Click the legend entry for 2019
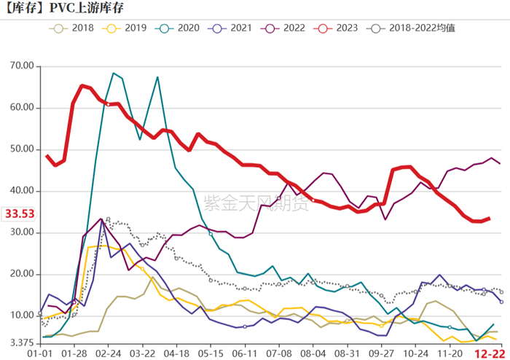pyautogui.click(x=127, y=28)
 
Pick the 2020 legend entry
pyautogui.click(x=181, y=28)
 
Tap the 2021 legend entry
pyautogui.click(x=236, y=28)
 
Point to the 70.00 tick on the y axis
pyautogui.click(x=23, y=66)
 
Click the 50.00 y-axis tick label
pyautogui.click(x=23, y=149)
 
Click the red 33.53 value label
pyautogui.click(x=20, y=214)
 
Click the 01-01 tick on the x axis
pyautogui.click(x=39, y=353)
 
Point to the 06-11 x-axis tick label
pyautogui.click(x=245, y=353)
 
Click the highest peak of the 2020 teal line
pyautogui.click(x=114, y=73)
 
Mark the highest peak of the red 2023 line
pyautogui.click(x=81, y=85)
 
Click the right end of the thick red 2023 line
pyautogui.click(x=490, y=218)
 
